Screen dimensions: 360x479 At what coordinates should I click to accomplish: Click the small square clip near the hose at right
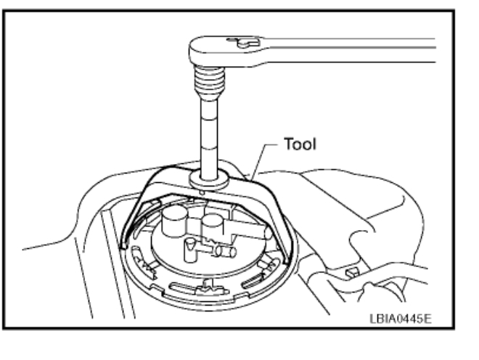(351, 273)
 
